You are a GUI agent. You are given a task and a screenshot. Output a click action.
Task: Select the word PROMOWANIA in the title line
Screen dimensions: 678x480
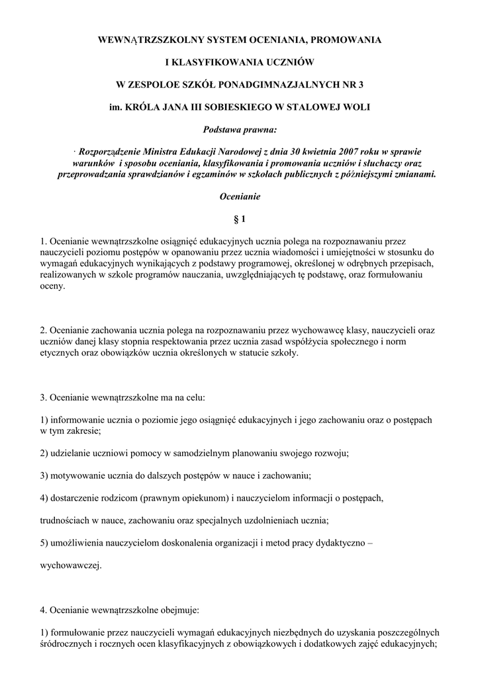point(347,40)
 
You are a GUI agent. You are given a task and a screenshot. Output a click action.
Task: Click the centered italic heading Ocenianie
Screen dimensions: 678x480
point(240,197)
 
